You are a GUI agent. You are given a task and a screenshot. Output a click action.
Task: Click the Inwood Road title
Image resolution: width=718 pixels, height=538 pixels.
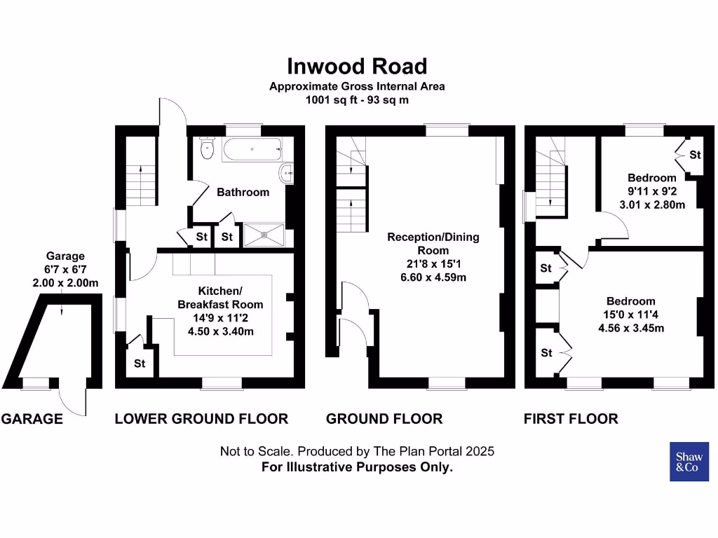tap(357, 67)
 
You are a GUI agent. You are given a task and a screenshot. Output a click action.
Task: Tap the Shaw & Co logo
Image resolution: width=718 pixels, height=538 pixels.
tap(689, 462)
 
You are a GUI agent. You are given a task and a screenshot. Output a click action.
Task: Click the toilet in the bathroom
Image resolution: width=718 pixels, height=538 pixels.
tap(206, 149)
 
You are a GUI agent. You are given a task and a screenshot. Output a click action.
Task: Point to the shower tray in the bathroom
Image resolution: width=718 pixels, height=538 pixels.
tap(264, 235)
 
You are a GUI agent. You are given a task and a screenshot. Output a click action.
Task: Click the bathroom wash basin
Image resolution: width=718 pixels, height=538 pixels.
tap(286, 173)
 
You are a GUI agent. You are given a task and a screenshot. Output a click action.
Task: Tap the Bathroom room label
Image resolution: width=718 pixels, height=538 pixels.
tap(243, 192)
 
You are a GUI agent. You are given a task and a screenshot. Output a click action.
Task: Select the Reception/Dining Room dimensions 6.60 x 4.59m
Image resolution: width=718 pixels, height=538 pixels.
tap(433, 277)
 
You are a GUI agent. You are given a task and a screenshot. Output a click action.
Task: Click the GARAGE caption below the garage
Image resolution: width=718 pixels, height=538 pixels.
tap(32, 419)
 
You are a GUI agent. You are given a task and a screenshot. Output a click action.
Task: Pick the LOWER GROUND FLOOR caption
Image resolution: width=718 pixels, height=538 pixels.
tap(201, 419)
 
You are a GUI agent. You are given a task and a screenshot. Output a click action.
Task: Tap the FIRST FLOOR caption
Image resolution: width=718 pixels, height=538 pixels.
tap(571, 419)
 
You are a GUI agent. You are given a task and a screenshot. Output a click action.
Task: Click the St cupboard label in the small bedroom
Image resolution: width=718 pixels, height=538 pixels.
tap(694, 154)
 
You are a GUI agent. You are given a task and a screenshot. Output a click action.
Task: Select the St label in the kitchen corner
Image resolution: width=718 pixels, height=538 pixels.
tap(140, 364)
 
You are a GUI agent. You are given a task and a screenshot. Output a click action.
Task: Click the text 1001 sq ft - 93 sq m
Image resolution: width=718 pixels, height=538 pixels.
tap(357, 99)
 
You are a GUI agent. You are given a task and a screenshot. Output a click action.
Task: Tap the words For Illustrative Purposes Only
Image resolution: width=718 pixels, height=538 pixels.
tap(357, 467)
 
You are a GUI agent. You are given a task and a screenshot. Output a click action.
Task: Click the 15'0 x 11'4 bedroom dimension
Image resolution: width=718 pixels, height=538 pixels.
tap(631, 315)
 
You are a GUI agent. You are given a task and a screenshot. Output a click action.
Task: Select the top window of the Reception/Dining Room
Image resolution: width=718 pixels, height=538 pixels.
tap(447, 130)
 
